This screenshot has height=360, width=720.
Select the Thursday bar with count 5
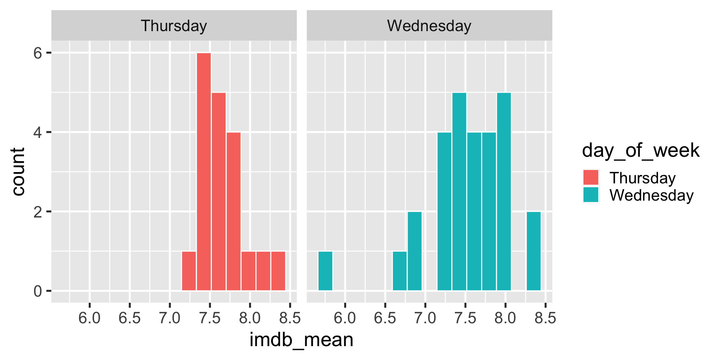point(219,191)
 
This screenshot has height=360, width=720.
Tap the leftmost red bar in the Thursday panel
point(189,271)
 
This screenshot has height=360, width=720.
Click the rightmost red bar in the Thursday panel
point(278,271)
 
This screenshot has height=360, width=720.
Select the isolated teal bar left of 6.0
point(325,271)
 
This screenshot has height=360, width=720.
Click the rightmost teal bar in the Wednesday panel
point(534,251)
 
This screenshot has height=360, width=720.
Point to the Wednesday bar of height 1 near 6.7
point(400,271)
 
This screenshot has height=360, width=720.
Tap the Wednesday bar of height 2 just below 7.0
point(414,251)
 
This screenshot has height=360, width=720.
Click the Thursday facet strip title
point(174,26)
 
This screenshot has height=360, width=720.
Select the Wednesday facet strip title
point(429,26)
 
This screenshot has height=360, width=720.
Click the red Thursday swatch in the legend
point(591,177)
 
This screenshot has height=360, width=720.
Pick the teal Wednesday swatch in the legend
point(591,195)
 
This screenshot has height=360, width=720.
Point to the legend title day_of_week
point(640,150)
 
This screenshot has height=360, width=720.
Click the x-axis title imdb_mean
point(301,340)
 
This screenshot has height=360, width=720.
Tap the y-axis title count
point(18,171)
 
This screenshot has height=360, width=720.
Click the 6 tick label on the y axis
point(38,53)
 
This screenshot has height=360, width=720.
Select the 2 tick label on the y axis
point(38,212)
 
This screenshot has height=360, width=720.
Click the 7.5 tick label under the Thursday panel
point(210,318)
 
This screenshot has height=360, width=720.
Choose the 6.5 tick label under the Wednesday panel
point(385,318)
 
